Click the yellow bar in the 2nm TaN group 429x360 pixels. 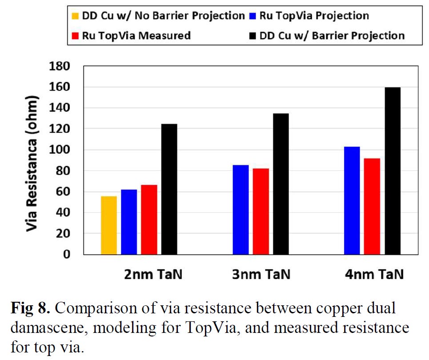point(109,225)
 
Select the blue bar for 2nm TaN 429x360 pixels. point(129,222)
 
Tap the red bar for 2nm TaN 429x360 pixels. point(149,220)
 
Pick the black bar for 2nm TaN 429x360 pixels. point(169,189)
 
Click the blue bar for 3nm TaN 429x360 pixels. point(241,209)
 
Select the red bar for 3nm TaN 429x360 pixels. point(261,211)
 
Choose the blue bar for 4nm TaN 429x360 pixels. point(352,200)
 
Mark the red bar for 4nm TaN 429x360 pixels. point(372,206)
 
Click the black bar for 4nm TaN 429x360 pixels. point(393,171)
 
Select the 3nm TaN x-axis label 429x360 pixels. point(261,275)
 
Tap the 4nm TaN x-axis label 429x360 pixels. point(374,275)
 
